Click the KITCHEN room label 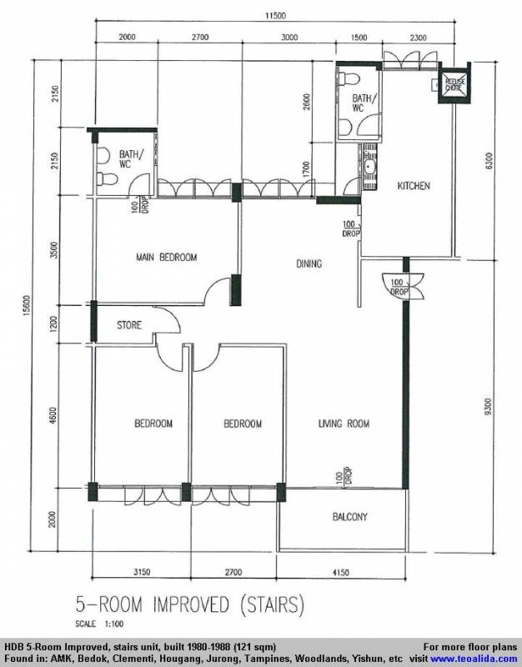pos(414,186)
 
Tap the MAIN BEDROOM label pos(166,258)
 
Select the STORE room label pos(129,325)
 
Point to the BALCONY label pos(349,517)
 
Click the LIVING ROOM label pos(344,424)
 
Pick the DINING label pos(309,264)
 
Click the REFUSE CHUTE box pos(455,84)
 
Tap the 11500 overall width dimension pos(275,16)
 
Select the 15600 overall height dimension pos(27,305)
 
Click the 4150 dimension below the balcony pos(340,573)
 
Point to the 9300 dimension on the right pos(488,407)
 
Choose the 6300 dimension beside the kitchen pos(489,161)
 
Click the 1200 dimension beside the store pos(53,324)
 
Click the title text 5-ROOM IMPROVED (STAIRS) pos(190,604)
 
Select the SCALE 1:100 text pos(99,624)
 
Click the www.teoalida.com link pos(474,659)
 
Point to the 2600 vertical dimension pos(307,103)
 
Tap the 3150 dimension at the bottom pos(142,572)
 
